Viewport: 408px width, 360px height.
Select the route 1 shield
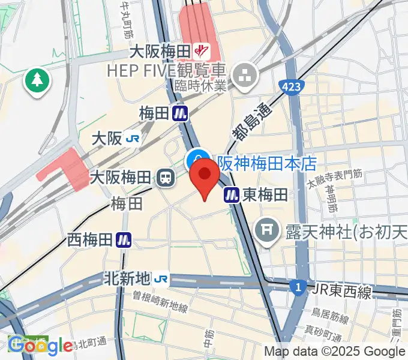click(x=298, y=287)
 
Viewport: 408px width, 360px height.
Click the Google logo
click(x=40, y=346)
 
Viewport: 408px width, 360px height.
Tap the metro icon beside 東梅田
click(x=232, y=194)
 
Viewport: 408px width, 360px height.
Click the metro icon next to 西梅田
click(x=124, y=240)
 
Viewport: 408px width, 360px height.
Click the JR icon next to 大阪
click(x=133, y=139)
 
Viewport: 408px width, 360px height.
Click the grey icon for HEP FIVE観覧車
click(x=246, y=75)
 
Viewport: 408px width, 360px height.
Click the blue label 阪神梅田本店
click(x=266, y=163)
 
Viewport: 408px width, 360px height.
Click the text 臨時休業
click(x=200, y=86)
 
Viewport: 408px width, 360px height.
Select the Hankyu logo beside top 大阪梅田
click(x=205, y=52)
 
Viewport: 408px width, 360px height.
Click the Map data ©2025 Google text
click(x=335, y=352)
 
